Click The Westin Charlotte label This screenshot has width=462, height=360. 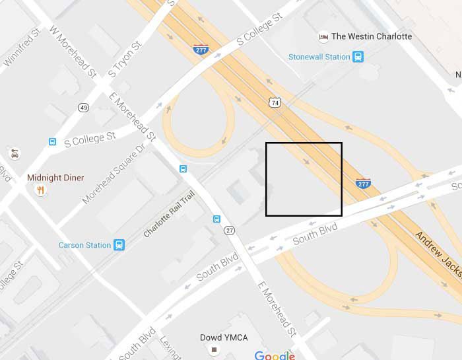tap(372, 36)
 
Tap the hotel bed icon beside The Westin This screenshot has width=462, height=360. tap(323, 36)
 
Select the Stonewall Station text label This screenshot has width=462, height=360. tap(319, 57)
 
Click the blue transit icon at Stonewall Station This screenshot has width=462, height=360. tap(358, 57)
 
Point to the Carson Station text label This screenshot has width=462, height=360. tap(84, 245)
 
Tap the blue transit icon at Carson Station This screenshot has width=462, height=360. tap(119, 245)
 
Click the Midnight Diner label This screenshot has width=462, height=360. tap(55, 178)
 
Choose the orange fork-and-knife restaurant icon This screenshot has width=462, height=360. tap(41, 191)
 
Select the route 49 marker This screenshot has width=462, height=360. tap(83, 108)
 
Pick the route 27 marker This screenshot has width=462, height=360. tap(229, 230)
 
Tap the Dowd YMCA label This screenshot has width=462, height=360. tap(224, 338)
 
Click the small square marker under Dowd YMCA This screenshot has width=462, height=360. tap(214, 349)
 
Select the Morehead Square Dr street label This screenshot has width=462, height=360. tap(114, 175)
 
